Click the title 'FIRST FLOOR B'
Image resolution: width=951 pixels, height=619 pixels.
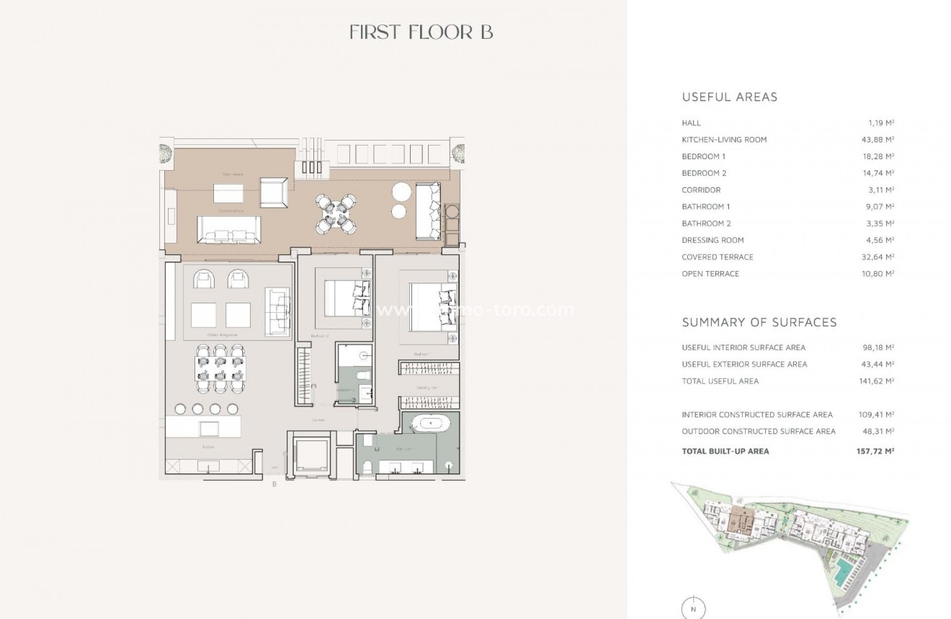[x=421, y=32]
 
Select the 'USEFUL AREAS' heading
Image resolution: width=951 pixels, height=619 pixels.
[x=729, y=97]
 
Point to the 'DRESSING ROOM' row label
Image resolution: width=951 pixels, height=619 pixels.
[x=713, y=240]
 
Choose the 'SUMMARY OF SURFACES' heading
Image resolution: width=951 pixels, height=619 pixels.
[x=759, y=322]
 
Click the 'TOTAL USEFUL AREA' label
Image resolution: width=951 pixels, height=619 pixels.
[x=720, y=381]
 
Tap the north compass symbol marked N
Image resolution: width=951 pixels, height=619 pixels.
[x=693, y=607]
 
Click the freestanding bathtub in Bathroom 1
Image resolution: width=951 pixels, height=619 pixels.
[x=430, y=424]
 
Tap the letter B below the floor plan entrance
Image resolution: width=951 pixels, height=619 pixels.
[x=274, y=484]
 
